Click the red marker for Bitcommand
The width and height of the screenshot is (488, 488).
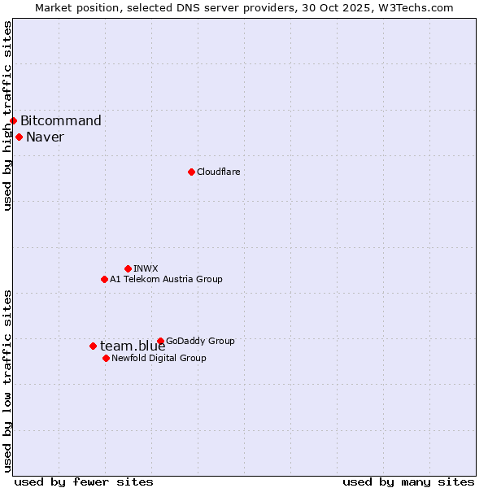[13, 121]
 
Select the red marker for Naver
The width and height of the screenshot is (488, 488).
[19, 137]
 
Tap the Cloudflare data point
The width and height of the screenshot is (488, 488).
[191, 172]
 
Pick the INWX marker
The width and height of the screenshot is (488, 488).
[128, 268]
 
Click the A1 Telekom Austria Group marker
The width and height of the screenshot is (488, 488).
[104, 279]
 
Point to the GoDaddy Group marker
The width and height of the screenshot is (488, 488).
[160, 341]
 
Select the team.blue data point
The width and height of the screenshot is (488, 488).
[93, 346]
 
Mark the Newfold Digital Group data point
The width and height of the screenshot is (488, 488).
[106, 358]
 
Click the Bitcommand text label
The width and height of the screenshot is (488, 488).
[61, 121]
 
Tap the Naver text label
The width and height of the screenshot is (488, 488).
[45, 137]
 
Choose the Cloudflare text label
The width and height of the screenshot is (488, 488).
[218, 172]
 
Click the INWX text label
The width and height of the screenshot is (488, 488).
[146, 268]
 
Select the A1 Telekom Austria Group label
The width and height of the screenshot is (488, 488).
[166, 279]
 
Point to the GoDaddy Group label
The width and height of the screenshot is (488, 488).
[200, 341]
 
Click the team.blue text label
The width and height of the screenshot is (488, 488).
[133, 346]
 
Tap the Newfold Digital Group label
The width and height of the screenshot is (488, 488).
[159, 358]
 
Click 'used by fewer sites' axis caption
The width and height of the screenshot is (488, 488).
[84, 481]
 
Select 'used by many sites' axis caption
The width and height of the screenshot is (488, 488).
[408, 481]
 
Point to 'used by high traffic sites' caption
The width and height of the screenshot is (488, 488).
[7, 115]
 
